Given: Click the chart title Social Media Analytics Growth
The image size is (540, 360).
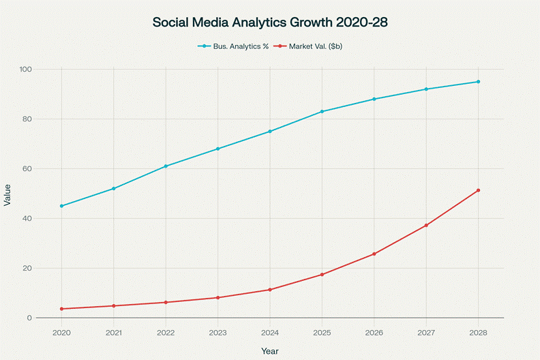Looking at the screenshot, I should coord(270,22).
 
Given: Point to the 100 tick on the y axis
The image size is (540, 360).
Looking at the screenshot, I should coord(25,70).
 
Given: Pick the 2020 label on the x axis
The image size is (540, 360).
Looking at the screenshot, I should coord(61,331).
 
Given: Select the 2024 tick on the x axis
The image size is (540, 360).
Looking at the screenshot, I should coord(269,331).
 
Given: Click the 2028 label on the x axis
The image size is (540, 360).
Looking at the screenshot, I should coord(478,331).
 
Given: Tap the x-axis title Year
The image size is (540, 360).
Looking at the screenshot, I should coord(269,350).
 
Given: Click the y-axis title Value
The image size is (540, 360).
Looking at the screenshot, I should coord(7,194).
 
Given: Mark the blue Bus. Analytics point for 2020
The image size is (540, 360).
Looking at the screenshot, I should coord(61,206).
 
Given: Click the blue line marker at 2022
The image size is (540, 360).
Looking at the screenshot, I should coord(166,166).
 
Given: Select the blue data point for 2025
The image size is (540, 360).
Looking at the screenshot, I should coord(322,111).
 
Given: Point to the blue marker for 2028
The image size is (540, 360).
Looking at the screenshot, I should coord(478,82).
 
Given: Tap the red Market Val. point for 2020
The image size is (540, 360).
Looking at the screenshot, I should coord(61,309).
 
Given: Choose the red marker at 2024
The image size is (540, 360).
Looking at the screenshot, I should coord(269,290).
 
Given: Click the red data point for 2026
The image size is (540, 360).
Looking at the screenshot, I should coord(374,254).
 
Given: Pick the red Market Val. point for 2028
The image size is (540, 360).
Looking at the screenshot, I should coord(478,190).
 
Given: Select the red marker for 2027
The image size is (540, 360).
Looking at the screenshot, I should coord(426,226).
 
